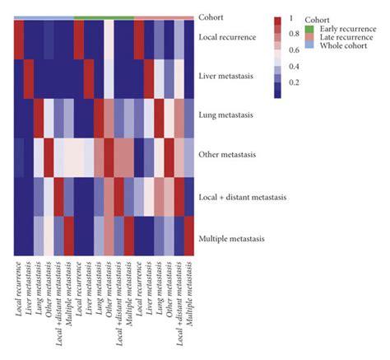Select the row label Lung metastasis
pos(226,115)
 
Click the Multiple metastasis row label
pos(232,238)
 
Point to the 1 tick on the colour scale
pos(289,18)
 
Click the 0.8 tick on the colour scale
pos(291,35)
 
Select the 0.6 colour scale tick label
pos(291,50)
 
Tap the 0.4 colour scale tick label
pos(291,67)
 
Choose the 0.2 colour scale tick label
pos(291,83)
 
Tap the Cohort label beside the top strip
pos(211,16)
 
